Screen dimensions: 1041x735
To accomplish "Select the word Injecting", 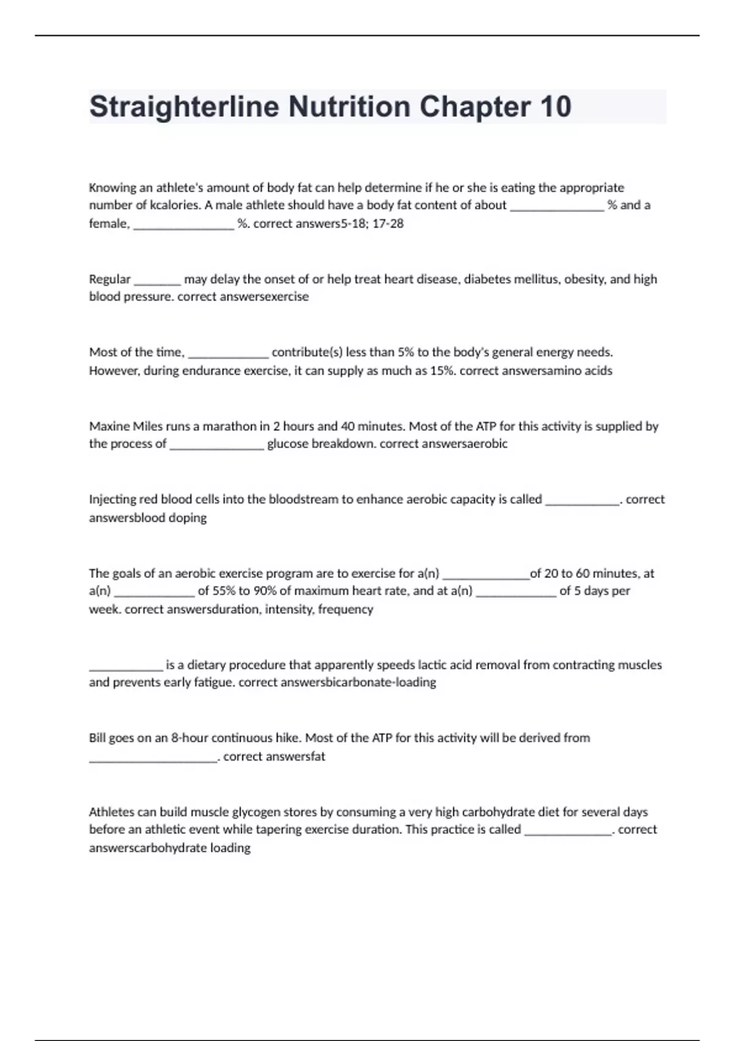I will (x=113, y=500).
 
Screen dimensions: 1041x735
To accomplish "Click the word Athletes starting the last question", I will (x=111, y=812).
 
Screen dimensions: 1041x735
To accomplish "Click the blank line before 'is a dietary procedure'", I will (x=126, y=669).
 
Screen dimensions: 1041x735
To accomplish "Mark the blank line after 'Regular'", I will (x=157, y=284).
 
